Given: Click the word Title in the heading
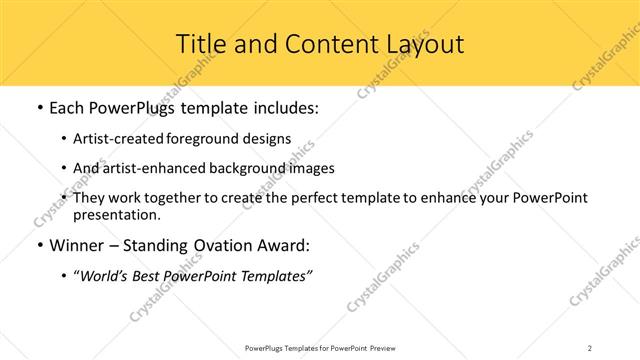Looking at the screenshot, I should pyautogui.click(x=200, y=45).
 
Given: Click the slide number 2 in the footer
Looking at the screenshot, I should pyautogui.click(x=590, y=347).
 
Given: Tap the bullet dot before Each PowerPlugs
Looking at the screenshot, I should pyautogui.click(x=38, y=108).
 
